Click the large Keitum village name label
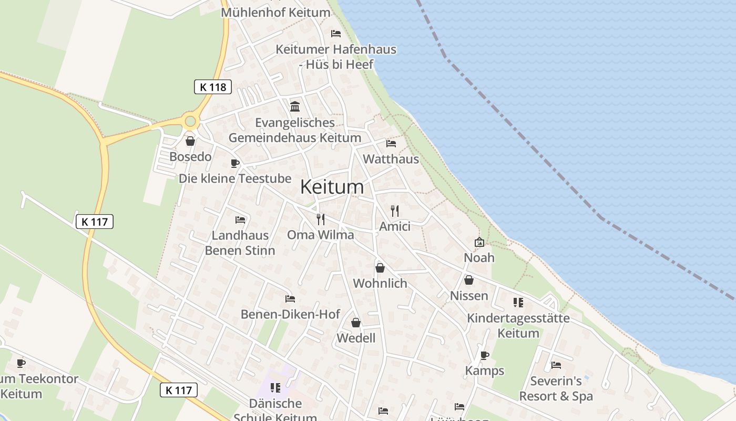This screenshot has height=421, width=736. (332, 187)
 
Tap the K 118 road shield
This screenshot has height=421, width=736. (213, 87)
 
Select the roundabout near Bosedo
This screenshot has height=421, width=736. (190, 122)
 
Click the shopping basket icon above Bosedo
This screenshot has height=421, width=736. (190, 141)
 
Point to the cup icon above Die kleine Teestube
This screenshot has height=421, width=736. (235, 163)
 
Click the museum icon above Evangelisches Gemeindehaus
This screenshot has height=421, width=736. (295, 107)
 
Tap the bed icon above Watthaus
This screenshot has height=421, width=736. (391, 143)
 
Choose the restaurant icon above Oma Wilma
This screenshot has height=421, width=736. (321, 219)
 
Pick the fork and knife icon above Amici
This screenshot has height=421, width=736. (395, 211)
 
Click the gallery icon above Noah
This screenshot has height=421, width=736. (479, 242)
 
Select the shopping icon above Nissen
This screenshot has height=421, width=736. (469, 280)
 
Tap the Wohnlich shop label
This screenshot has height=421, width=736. (380, 283)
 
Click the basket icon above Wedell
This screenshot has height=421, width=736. (356, 322)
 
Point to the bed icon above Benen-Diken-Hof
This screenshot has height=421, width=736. (290, 299)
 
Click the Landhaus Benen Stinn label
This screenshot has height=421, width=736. (240, 243)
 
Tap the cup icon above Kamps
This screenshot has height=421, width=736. (485, 355)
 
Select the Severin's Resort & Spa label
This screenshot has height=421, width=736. (556, 388)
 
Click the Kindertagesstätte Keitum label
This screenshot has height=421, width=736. (518, 325)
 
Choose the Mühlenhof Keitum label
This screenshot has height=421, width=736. (276, 12)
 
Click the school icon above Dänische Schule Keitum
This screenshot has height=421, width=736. (275, 388)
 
